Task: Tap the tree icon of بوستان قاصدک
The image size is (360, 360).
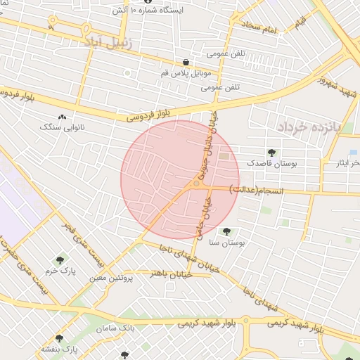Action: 271,153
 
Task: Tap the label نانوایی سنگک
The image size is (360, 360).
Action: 63,128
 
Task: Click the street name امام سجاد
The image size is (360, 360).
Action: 262,28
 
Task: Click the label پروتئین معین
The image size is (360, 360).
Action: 111,278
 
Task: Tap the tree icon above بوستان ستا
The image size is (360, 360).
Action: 226,231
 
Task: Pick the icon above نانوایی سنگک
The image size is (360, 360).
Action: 63,117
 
